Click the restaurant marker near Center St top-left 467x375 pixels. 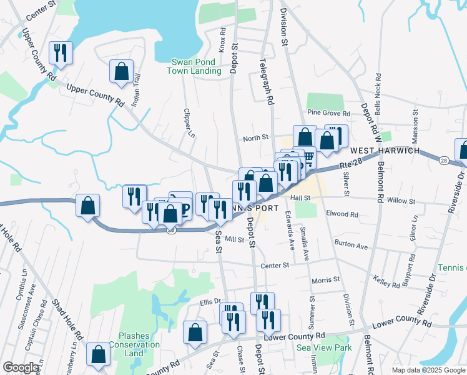pyautogui.click(x=61, y=52)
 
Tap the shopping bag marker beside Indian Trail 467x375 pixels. pyautogui.click(x=122, y=71)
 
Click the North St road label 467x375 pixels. pyautogui.click(x=255, y=137)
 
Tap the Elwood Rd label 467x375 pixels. pyautogui.click(x=342, y=214)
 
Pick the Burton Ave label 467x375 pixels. pyautogui.click(x=351, y=246)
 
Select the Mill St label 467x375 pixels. pyautogui.click(x=235, y=239)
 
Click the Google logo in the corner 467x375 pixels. pyautogui.click(x=20, y=368)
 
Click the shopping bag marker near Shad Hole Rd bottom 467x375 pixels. pyautogui.click(x=99, y=354)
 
